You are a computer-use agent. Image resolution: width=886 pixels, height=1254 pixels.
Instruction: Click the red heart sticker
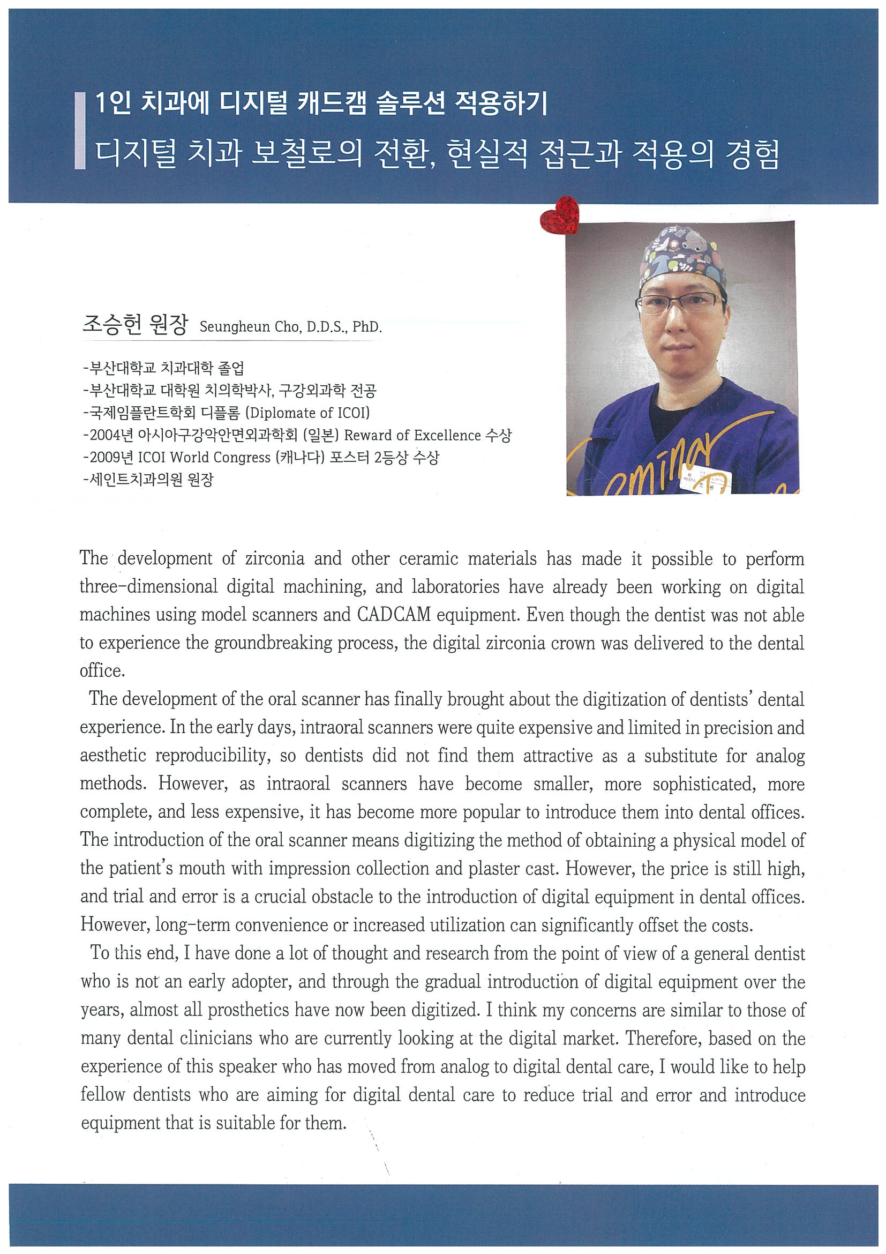coord(559,215)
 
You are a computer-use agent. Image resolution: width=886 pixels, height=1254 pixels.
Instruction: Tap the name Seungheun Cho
coord(249,327)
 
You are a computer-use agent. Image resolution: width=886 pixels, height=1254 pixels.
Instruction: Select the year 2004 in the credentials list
coord(104,435)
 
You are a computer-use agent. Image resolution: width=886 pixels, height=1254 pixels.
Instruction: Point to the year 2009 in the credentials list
coord(104,458)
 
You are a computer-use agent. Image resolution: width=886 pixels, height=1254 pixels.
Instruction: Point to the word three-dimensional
coord(148,587)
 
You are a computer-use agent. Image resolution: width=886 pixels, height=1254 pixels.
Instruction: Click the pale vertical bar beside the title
coord(80,131)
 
